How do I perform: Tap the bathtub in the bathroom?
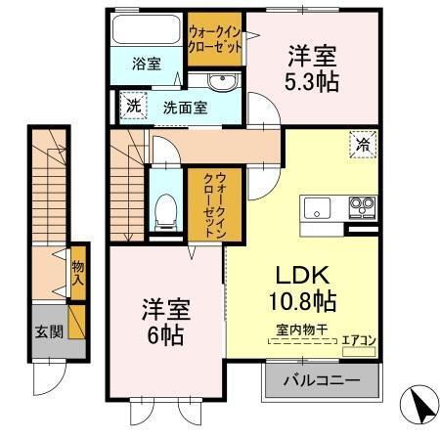146,29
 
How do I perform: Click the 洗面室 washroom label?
184,107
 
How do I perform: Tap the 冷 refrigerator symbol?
362,143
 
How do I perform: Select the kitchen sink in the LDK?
319,208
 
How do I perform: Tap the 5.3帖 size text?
313,81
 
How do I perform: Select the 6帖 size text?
163,332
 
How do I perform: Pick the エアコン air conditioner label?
360,340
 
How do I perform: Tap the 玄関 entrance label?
49,330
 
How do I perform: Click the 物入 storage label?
76,273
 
